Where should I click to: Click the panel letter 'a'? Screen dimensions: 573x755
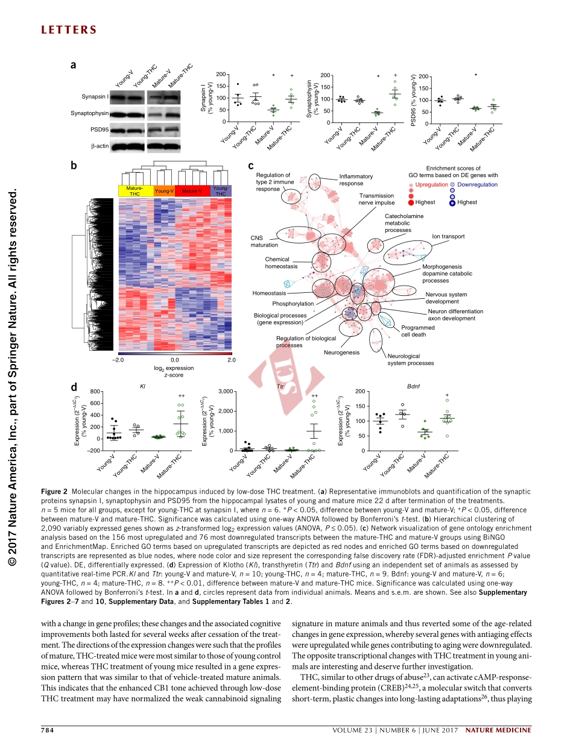[x=73, y=65]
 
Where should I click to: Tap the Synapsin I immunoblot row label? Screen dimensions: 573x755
[x=95, y=96]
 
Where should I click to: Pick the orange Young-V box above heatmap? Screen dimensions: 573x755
[x=164, y=191]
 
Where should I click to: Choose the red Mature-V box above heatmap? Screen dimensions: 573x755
[x=192, y=191]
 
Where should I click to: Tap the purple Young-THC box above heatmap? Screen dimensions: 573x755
[x=221, y=191]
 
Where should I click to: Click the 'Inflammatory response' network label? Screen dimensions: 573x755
[x=356, y=180]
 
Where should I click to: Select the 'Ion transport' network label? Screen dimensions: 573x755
[x=448, y=236]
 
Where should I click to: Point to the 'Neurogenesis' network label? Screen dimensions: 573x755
[x=341, y=352]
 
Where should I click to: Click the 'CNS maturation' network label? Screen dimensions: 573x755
[x=264, y=241]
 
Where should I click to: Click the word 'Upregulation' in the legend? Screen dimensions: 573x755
[x=432, y=184]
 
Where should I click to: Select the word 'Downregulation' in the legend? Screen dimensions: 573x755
[x=477, y=184]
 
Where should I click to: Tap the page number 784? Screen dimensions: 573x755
[x=48, y=730]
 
